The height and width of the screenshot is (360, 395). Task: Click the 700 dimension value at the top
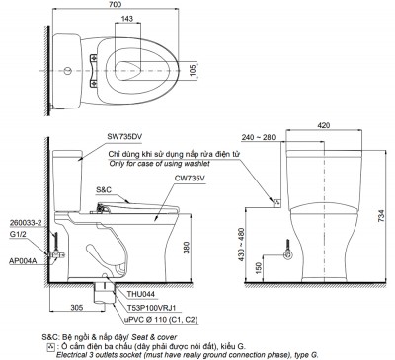118,6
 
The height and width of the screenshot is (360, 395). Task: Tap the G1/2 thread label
17,235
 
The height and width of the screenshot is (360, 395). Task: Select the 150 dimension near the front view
260,266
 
